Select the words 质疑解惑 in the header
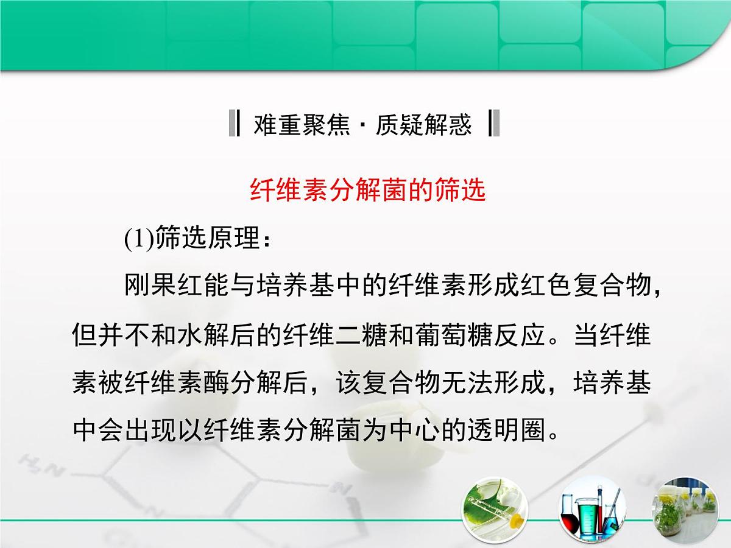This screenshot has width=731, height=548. pyautogui.click(x=423, y=125)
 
